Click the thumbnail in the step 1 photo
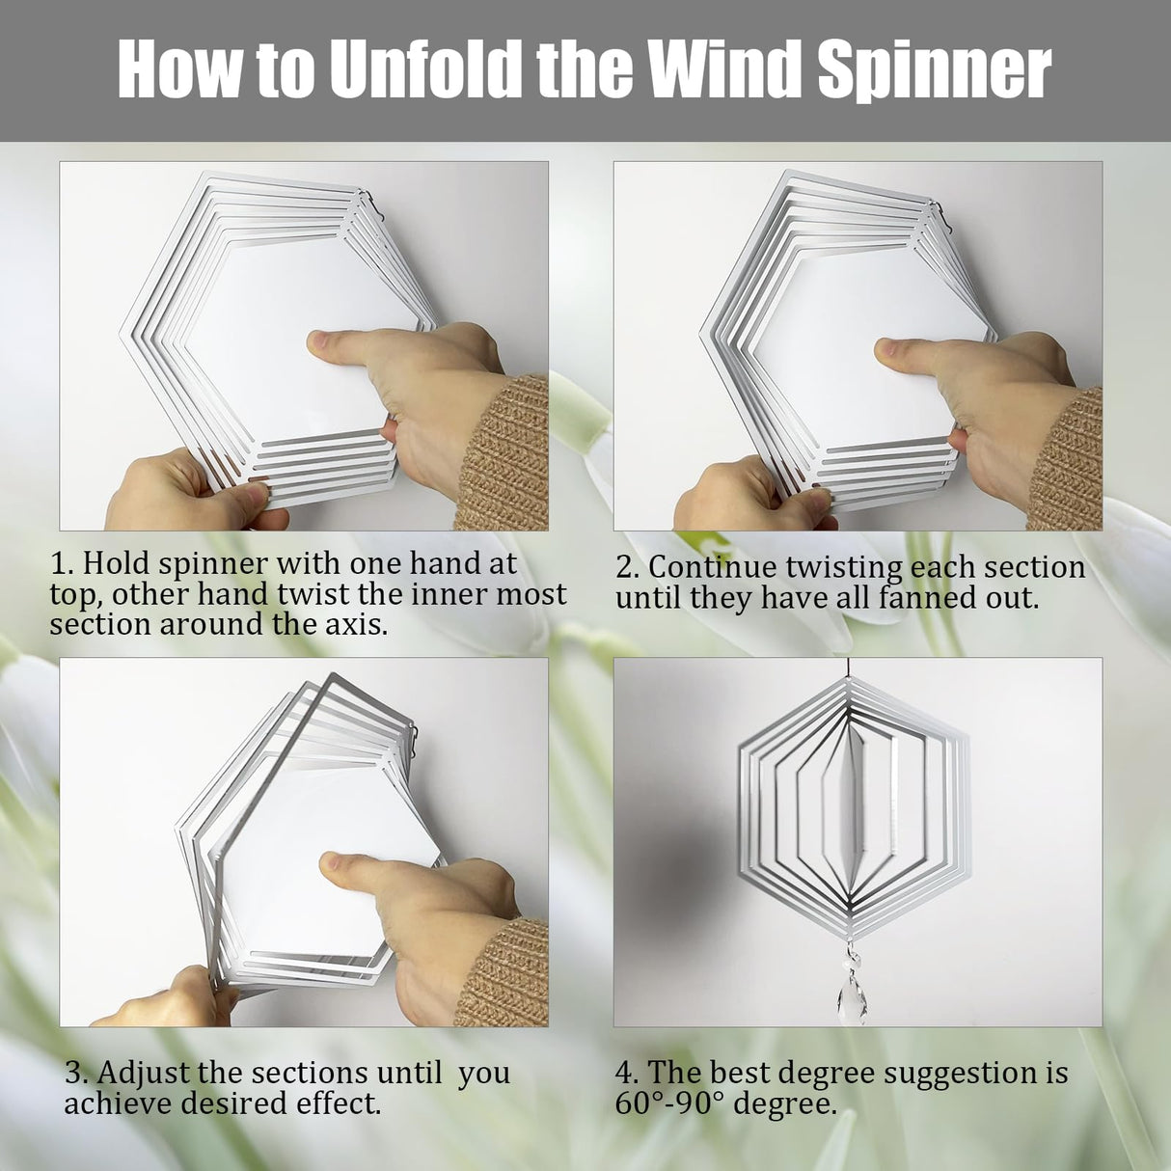point(320,341)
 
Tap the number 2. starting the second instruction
point(628,566)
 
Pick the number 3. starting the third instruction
point(77,1073)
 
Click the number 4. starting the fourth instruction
point(627,1073)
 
